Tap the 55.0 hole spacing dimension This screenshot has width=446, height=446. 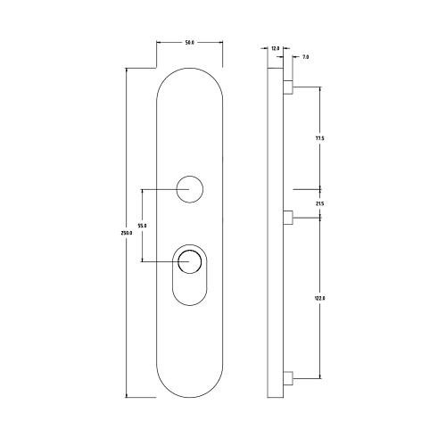pos(142,226)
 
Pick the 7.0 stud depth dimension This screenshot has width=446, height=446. pos(305,57)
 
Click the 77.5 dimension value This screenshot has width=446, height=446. pos(319,138)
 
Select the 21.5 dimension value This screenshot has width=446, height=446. pos(319,204)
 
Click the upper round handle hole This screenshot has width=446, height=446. pos(189,189)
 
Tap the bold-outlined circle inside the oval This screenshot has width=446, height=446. pos(189,261)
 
